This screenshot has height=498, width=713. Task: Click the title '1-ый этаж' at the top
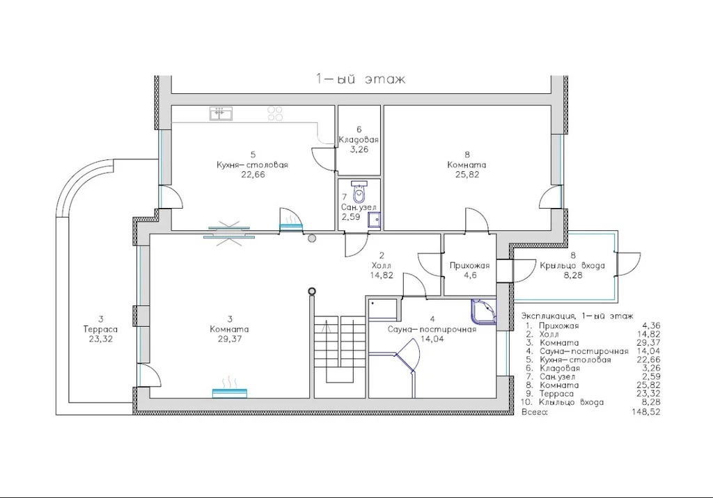[361, 79]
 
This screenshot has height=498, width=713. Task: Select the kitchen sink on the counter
[221, 113]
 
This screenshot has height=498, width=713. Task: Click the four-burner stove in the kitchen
[275, 113]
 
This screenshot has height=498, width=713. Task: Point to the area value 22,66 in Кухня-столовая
[253, 175]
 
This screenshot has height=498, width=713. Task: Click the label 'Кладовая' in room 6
[359, 140]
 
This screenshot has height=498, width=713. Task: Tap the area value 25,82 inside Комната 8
[467, 175]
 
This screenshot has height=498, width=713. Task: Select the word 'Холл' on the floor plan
[381, 266]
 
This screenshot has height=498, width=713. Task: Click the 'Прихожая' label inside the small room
[470, 266]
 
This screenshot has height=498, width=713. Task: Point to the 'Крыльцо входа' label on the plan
[572, 266]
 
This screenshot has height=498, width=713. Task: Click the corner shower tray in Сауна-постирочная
[485, 312]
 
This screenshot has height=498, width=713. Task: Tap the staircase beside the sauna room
[340, 350]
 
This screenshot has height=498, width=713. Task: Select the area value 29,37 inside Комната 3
[230, 339]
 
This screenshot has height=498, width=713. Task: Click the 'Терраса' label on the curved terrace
[100, 329]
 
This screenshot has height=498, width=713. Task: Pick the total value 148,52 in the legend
[646, 412]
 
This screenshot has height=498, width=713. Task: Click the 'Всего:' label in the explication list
[535, 412]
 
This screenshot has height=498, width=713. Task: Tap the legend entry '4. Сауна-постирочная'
[577, 351]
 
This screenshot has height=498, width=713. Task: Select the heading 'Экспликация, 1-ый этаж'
[577, 316]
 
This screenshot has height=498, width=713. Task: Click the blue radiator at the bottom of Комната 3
[230, 393]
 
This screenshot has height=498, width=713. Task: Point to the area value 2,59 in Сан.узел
[351, 217]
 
